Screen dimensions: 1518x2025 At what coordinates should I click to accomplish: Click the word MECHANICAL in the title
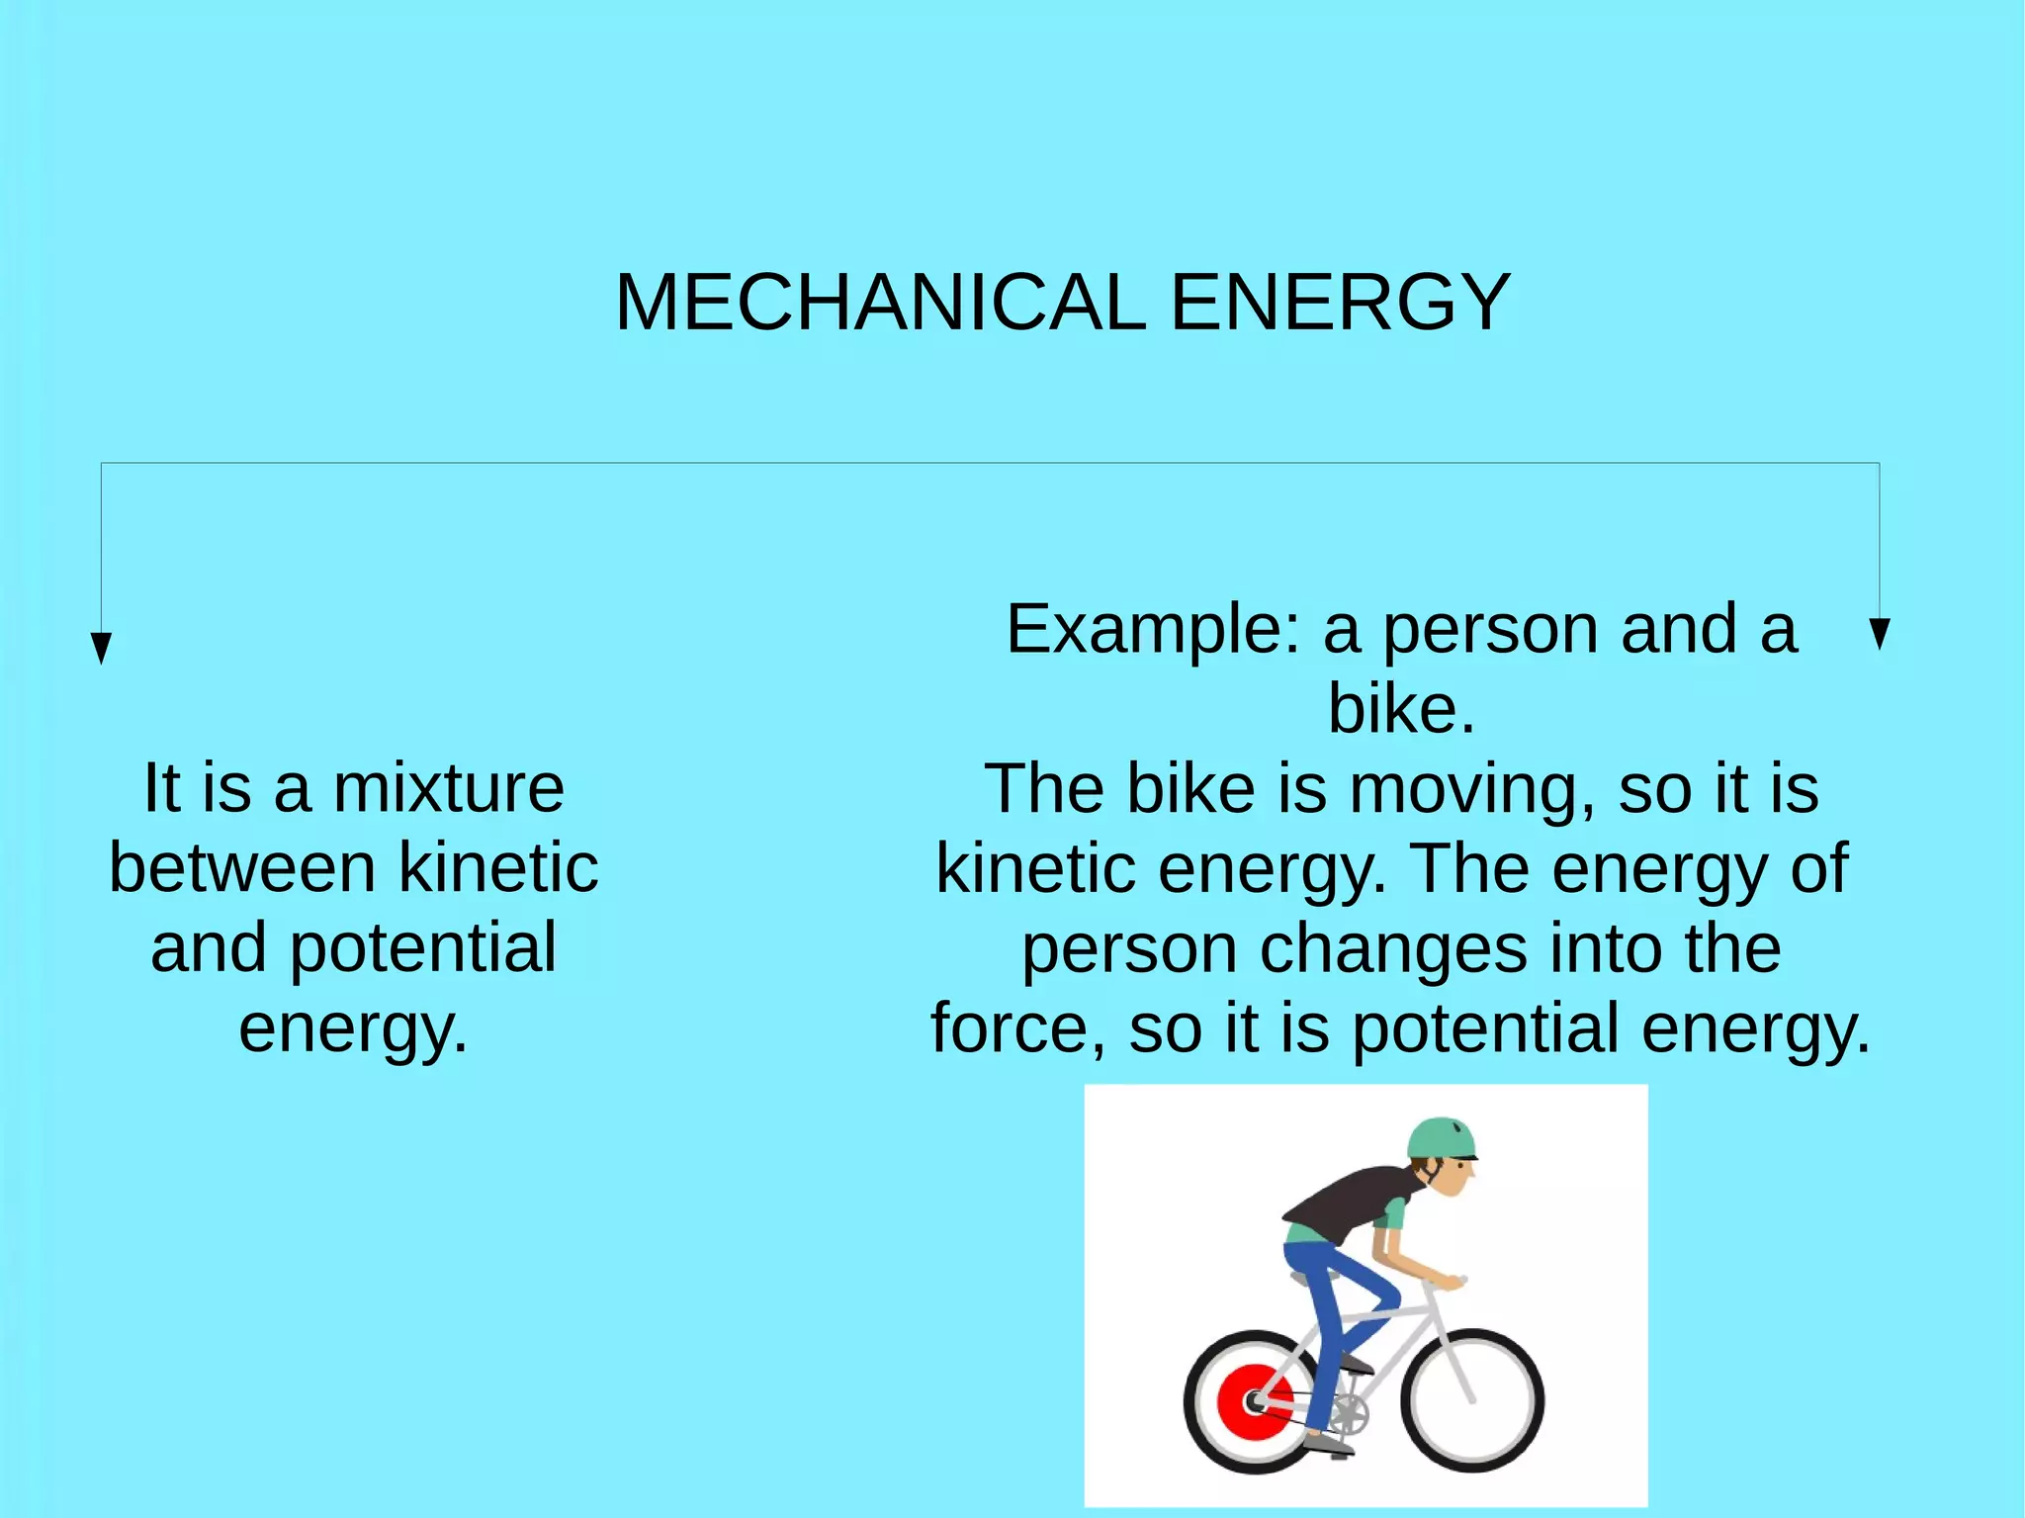pyautogui.click(x=880, y=303)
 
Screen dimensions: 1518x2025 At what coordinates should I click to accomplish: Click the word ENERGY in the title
pyautogui.click(x=1340, y=303)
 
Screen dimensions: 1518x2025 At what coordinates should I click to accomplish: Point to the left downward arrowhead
pyautogui.click(x=101, y=648)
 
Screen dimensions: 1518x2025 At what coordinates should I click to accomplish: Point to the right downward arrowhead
pyautogui.click(x=1880, y=634)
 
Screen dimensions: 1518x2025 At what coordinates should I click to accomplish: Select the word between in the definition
pyautogui.click(x=242, y=868)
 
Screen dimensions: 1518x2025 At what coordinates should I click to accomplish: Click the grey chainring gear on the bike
pyautogui.click(x=1347, y=1413)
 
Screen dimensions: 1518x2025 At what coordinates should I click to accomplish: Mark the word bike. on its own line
pyautogui.click(x=1401, y=709)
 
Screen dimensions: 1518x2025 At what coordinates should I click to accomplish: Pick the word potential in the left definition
pyautogui.click(x=423, y=948)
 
